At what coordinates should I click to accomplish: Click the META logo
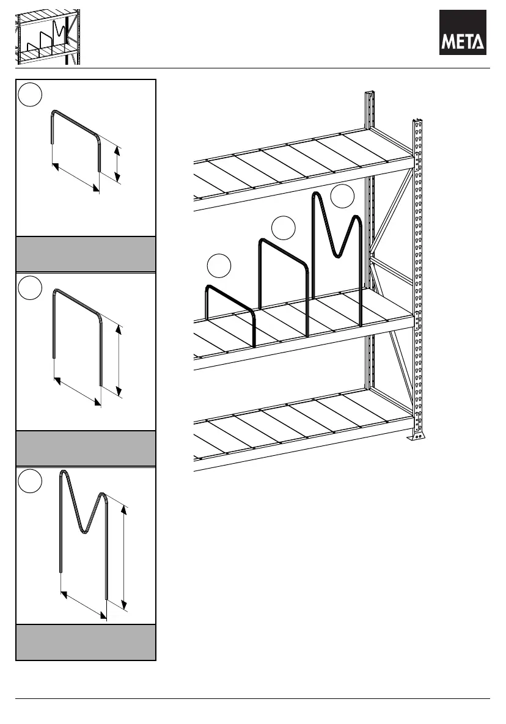pos(463,32)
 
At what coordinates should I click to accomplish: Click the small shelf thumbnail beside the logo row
pos(48,37)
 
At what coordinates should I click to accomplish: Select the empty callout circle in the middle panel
pos(30,288)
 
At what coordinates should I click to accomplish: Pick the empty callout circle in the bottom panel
pos(30,481)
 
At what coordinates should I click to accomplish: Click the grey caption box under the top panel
pos(86,254)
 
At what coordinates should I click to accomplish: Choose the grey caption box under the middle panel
pos(86,448)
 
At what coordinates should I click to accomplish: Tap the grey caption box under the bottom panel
pos(86,642)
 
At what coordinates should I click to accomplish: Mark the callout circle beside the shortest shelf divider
pos(219,266)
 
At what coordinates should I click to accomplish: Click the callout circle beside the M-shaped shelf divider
pos(342,196)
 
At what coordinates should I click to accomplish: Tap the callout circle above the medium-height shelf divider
pos(283,227)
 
